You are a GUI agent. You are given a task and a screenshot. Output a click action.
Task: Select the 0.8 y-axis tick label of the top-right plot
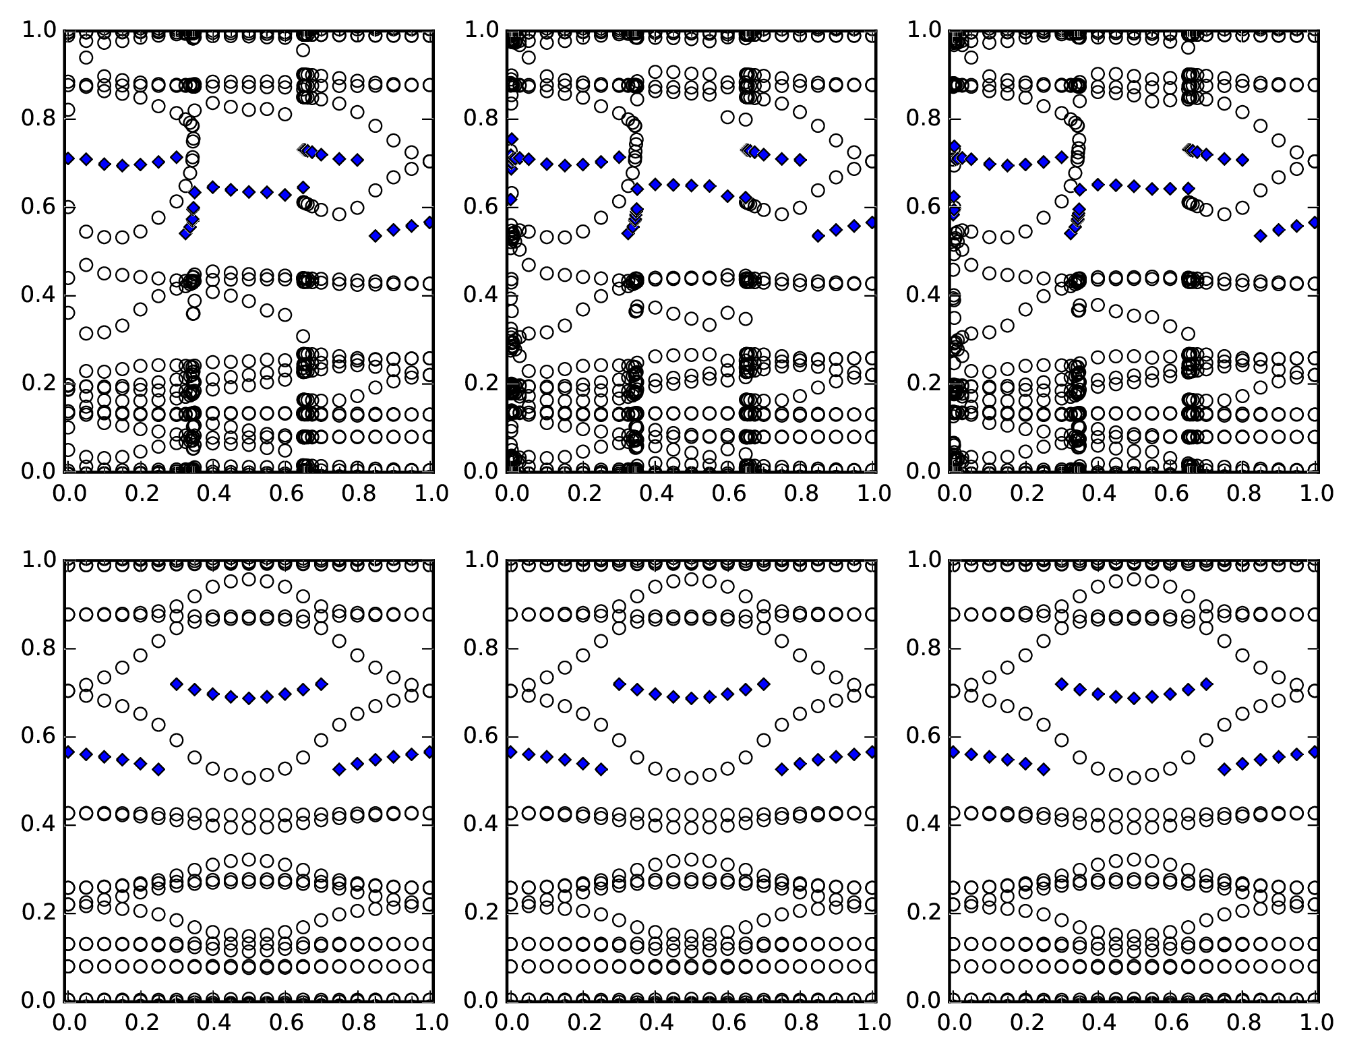pos(923,119)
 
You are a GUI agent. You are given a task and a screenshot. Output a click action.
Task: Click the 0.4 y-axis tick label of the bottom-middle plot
pos(481,824)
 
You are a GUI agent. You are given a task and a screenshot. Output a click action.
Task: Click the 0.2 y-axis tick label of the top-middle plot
pos(481,384)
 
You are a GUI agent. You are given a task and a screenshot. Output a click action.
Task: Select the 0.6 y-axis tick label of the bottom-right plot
pos(923,737)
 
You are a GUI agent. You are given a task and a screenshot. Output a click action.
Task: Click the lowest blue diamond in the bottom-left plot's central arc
pos(249,698)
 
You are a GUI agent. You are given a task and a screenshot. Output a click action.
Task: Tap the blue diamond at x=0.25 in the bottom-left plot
pos(158,769)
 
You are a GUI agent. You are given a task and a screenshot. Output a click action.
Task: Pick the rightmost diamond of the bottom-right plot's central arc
pos(1207,684)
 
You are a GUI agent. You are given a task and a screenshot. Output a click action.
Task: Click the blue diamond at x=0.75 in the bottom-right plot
pos(1225,769)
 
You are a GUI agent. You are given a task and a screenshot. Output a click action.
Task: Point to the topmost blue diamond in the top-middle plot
pos(512,139)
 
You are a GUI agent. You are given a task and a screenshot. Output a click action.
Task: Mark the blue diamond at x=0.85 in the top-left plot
pos(376,235)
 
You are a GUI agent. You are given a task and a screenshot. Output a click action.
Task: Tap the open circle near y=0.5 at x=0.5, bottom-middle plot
pos(691,778)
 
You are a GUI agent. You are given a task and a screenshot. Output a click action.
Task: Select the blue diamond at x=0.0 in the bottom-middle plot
pos(510,752)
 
